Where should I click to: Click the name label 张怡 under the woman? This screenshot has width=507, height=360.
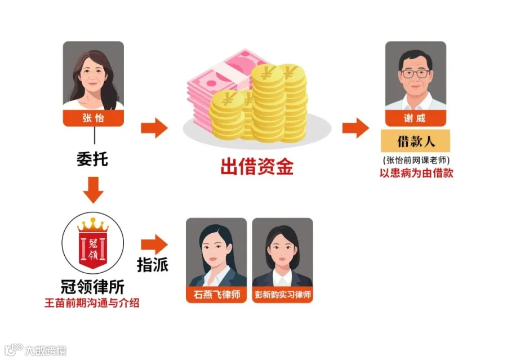point(93,118)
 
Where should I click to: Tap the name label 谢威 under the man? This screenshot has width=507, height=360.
point(416,118)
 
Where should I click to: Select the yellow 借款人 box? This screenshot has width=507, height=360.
point(416,141)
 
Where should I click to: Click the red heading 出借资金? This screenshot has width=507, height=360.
point(257,167)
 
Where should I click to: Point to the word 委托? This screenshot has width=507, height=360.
point(92,159)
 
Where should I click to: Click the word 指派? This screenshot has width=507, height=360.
point(153,265)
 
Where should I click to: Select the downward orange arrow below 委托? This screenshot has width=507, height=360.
point(93,190)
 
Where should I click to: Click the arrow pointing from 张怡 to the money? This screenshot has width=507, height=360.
point(154,128)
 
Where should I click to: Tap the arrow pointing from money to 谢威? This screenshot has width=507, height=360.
point(355,128)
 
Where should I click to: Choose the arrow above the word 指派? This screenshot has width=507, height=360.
point(154,245)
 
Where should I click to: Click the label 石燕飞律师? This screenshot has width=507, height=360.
point(217,295)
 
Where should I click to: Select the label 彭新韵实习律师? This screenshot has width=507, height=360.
point(283,295)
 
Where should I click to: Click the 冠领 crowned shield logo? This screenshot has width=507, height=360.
point(93,243)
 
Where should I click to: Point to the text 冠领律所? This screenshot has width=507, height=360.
point(92,286)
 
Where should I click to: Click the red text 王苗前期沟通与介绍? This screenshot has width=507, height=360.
point(92,303)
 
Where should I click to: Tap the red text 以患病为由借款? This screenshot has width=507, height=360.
point(416,173)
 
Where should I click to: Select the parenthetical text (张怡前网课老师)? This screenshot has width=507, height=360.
point(416,160)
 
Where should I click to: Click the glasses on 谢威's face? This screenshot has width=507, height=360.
point(416,74)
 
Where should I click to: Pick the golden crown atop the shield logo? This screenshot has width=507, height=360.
point(93,224)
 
